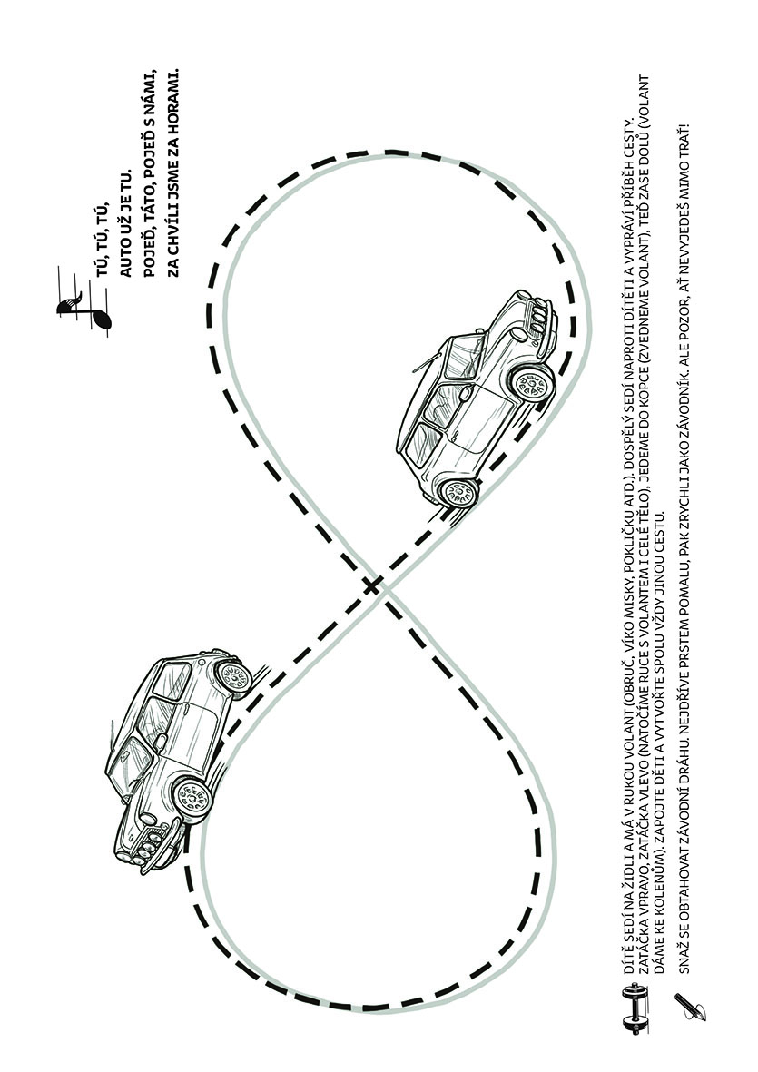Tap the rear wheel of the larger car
pos(458,491)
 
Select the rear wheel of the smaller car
pos(234,677)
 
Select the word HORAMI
pos(173,93)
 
